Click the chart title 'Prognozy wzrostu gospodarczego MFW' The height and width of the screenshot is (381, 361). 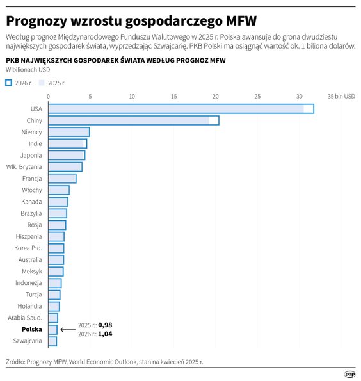click(131, 19)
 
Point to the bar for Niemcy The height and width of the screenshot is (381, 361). click(68, 132)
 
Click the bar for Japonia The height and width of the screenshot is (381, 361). click(66, 155)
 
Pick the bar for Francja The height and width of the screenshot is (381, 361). click(62, 178)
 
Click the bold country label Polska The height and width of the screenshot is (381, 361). click(32, 329)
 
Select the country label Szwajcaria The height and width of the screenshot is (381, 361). click(28, 341)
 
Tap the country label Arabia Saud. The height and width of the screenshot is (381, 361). click(25, 318)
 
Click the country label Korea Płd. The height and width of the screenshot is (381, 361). click(28, 248)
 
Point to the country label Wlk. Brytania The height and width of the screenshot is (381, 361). click(24, 166)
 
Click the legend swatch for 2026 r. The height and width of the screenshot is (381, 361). click(8, 83)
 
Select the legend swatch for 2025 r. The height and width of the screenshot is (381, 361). click(42, 83)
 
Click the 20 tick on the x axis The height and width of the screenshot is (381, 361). click(215, 97)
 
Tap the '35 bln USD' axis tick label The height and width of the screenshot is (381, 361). click(341, 97)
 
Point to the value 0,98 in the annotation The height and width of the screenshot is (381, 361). click(105, 325)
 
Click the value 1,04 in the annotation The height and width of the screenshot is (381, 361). click(105, 334)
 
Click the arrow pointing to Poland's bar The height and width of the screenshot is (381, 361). click(67, 330)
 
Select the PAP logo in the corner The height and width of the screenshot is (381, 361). click(349, 373)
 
